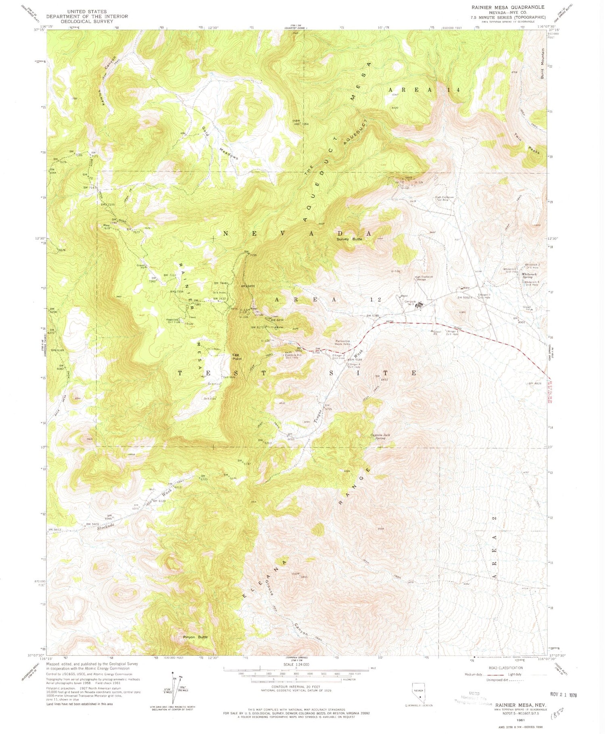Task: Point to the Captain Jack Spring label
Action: tap(380, 436)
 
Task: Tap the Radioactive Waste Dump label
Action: tap(345, 342)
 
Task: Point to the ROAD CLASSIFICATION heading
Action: tap(506, 668)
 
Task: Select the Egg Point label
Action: tap(237, 357)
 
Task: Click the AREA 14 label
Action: tap(423, 90)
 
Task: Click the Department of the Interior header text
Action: tap(87, 17)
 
